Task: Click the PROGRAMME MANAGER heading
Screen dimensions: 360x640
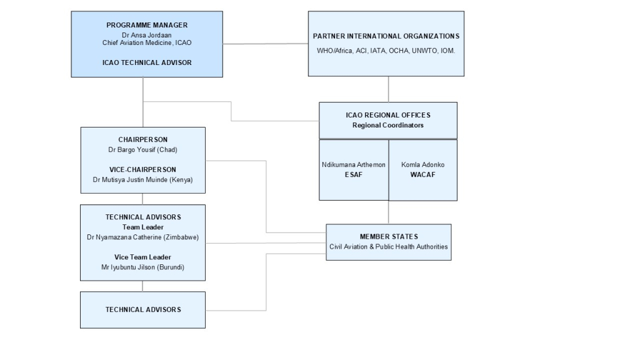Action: (x=147, y=25)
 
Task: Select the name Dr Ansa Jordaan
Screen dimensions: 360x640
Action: (x=147, y=35)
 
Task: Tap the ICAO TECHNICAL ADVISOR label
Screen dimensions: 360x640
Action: (x=147, y=62)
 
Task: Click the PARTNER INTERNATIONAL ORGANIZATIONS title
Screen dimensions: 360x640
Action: (x=386, y=36)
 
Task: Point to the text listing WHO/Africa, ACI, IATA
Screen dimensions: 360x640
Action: (x=386, y=51)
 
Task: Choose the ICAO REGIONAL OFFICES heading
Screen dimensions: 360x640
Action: (x=387, y=115)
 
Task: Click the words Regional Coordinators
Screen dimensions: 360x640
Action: (x=387, y=125)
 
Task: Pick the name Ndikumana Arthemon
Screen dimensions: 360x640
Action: (x=354, y=165)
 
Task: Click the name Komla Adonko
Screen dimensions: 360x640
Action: (x=422, y=165)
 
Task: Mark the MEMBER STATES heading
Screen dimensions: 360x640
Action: (x=389, y=236)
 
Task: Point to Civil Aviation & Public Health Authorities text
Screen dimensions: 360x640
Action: (x=389, y=246)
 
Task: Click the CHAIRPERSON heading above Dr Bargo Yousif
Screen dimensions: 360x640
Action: (x=143, y=139)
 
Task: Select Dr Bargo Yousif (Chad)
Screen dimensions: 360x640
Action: (x=143, y=150)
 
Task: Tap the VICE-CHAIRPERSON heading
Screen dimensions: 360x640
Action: (x=143, y=169)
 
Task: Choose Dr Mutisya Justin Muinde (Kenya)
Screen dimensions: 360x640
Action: (x=143, y=180)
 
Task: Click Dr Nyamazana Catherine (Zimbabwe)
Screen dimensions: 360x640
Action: (x=143, y=237)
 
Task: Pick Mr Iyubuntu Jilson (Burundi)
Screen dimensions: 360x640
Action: (x=143, y=267)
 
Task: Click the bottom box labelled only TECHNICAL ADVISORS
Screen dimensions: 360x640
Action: (x=143, y=309)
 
